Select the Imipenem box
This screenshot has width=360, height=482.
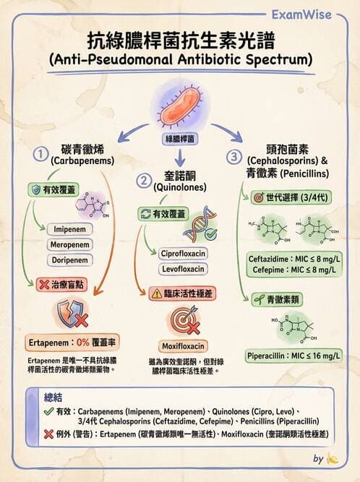(x=71, y=230)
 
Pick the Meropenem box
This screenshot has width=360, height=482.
(x=71, y=245)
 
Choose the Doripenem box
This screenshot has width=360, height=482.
(x=71, y=260)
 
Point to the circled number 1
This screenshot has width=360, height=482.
(x=41, y=155)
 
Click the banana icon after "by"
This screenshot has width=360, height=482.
(x=333, y=458)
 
